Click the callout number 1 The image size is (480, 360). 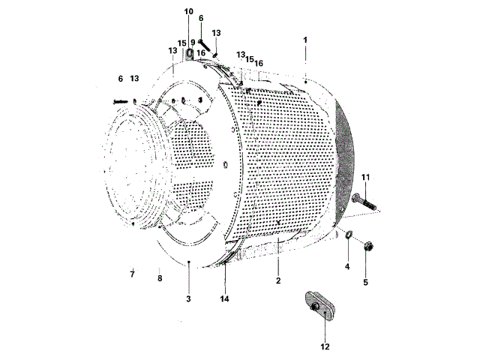coord(306,38)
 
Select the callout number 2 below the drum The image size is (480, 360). coord(277,281)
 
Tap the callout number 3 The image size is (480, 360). coord(189,298)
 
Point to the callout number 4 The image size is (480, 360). coord(347,266)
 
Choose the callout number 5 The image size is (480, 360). coord(366,282)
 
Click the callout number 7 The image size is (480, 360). coord(132,275)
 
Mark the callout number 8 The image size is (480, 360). coord(159,278)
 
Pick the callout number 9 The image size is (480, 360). coord(193,43)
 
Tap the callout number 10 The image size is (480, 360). coord(188,12)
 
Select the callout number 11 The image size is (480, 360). coord(367,177)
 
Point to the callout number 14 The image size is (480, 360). coord(224,298)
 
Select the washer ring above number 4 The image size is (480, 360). coord(349,238)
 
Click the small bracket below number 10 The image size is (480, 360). coord(189,53)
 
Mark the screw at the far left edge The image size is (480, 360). coord(119,101)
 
